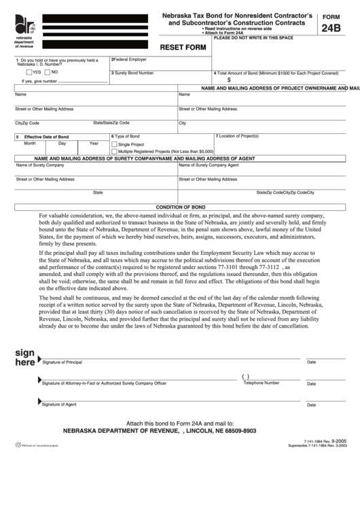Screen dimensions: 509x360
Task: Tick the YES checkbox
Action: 29,71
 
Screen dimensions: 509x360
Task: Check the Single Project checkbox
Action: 115,145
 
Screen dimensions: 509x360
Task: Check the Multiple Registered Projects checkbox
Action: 115,152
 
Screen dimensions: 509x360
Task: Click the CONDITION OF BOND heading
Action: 180,206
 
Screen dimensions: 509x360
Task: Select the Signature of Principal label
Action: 62,362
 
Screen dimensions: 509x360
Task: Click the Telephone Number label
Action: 262,383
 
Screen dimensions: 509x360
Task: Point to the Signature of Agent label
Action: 59,404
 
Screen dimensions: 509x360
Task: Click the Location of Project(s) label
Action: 239,136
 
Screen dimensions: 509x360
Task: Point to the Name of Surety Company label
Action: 40,165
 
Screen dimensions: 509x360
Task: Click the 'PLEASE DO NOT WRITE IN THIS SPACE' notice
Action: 253,37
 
